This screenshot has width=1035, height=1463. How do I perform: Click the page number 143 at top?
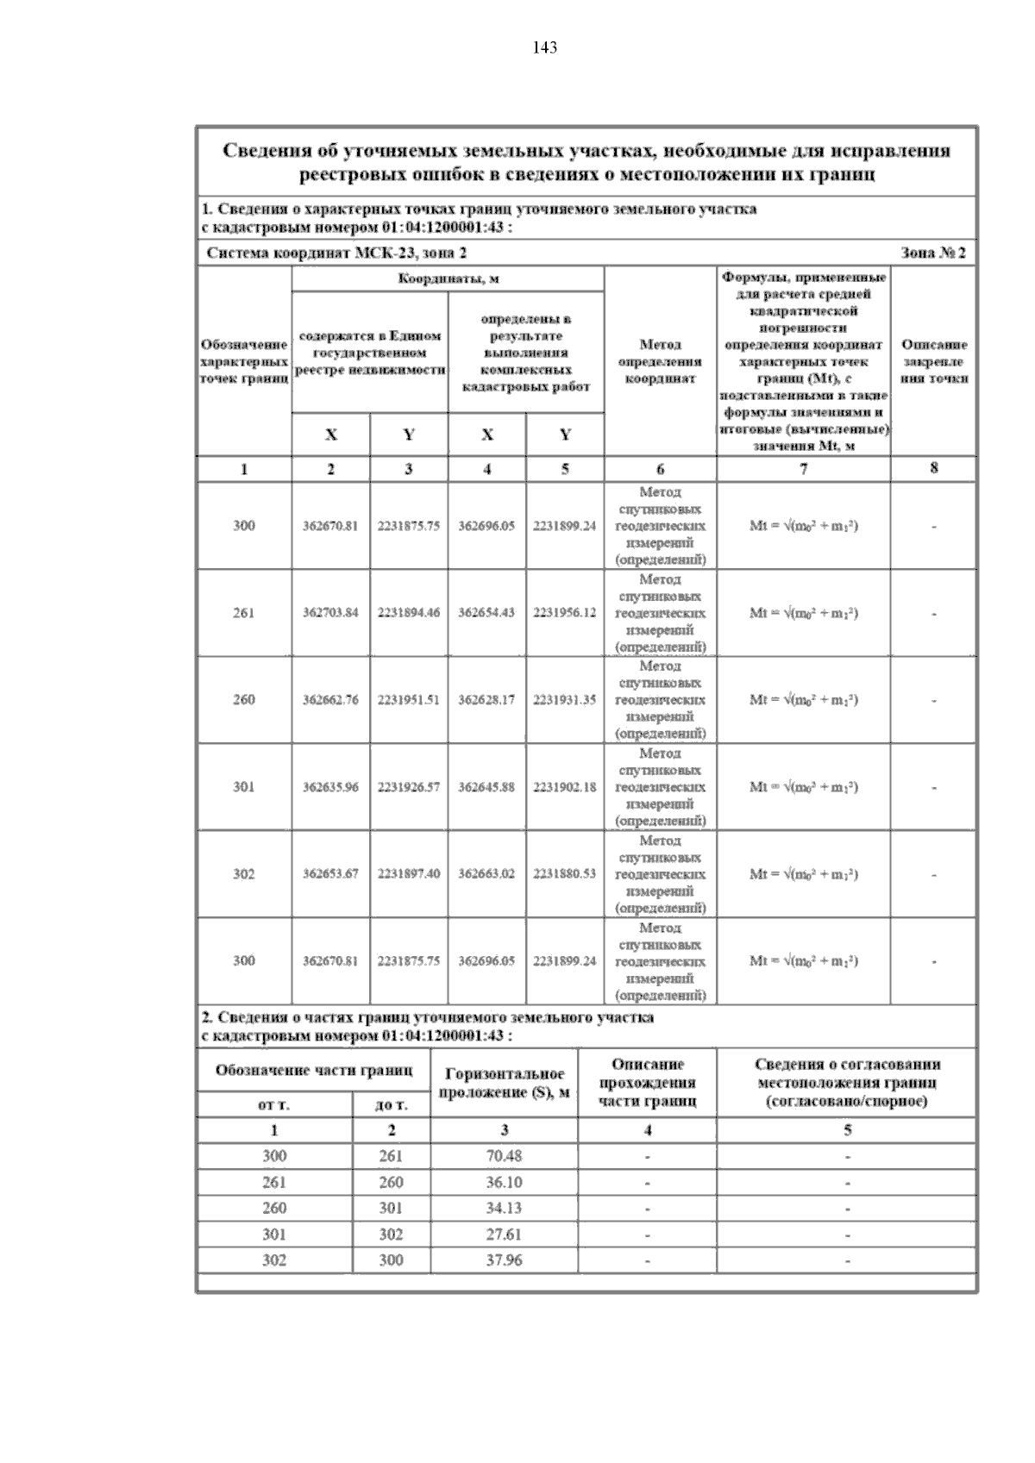tap(544, 48)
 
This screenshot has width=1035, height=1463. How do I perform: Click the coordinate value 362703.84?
tap(330, 613)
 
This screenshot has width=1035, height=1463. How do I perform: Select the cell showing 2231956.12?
tap(565, 613)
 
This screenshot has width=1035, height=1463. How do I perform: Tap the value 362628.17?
tap(486, 700)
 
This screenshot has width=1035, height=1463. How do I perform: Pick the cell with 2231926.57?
tap(409, 787)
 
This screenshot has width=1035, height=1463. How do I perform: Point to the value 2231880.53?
tap(565, 874)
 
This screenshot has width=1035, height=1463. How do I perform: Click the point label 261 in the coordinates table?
tap(244, 613)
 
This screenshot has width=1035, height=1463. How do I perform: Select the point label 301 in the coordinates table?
tap(244, 787)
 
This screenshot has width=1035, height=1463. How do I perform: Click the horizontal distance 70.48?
tap(504, 1156)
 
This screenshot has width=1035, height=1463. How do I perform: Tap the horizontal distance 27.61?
tap(504, 1235)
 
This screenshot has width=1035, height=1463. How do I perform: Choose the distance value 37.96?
tap(504, 1260)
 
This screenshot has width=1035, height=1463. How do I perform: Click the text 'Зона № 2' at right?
tap(933, 253)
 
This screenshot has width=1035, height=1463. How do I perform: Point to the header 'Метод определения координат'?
tap(660, 361)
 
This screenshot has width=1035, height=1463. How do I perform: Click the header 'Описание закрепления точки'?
tap(934, 361)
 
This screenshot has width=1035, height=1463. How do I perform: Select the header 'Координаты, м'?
tap(448, 279)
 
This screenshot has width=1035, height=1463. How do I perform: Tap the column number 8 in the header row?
tap(934, 468)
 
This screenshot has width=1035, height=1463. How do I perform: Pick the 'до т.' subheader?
tap(392, 1105)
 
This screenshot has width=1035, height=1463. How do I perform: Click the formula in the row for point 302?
tap(803, 874)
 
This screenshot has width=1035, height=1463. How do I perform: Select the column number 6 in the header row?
tap(660, 469)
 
